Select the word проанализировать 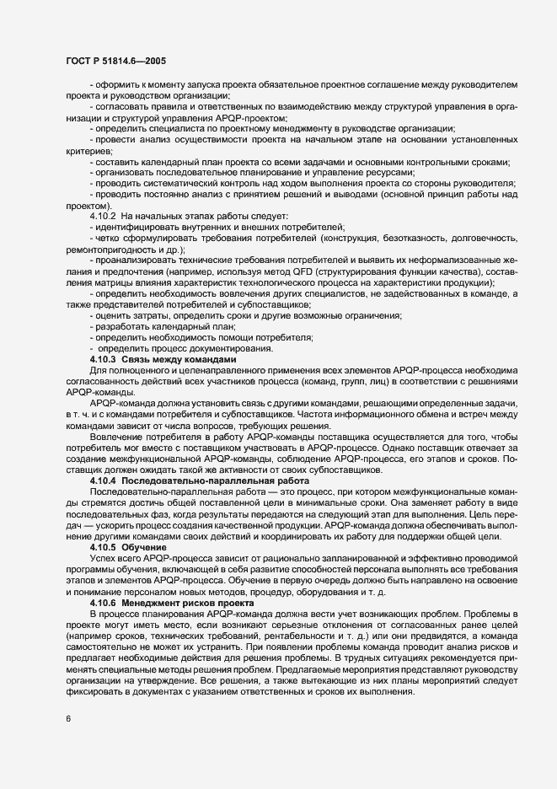(x=137, y=261)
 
